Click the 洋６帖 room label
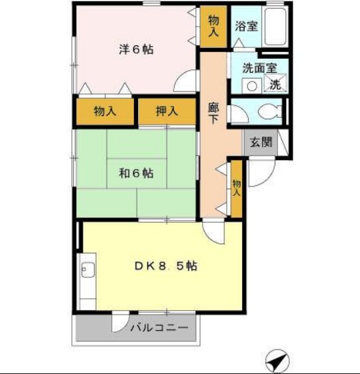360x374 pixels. point(137,49)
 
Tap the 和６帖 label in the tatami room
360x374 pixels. point(137,174)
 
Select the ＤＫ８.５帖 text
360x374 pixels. point(166,265)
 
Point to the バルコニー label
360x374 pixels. point(159,327)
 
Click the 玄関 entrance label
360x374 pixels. point(261,142)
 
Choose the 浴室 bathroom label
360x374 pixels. point(247,27)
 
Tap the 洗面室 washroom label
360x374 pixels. point(259,67)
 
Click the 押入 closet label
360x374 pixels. point(167,111)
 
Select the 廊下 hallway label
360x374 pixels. point(213,113)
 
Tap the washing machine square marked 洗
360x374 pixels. point(275,85)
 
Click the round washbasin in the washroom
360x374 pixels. point(251,85)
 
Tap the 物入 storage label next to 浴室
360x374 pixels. point(214,26)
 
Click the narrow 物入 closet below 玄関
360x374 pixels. point(236,188)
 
